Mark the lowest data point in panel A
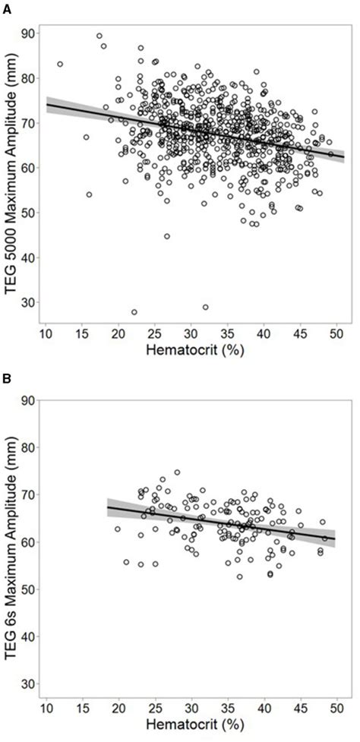[x=134, y=312]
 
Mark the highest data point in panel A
[x=99, y=36]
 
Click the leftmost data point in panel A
[x=60, y=64]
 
